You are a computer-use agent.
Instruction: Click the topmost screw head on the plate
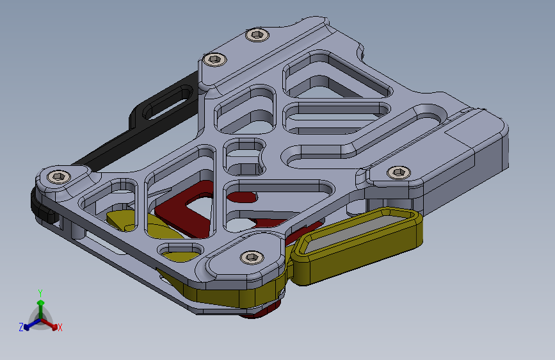pos(257,35)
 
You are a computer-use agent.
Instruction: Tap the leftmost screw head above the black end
pos(59,176)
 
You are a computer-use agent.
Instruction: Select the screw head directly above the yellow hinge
pos(252,258)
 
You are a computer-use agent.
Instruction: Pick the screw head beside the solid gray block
pos(399,172)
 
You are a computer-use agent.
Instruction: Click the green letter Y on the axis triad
pos(40,293)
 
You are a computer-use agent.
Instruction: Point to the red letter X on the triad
pos(60,328)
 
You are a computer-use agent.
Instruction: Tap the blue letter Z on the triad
pos(21,327)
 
